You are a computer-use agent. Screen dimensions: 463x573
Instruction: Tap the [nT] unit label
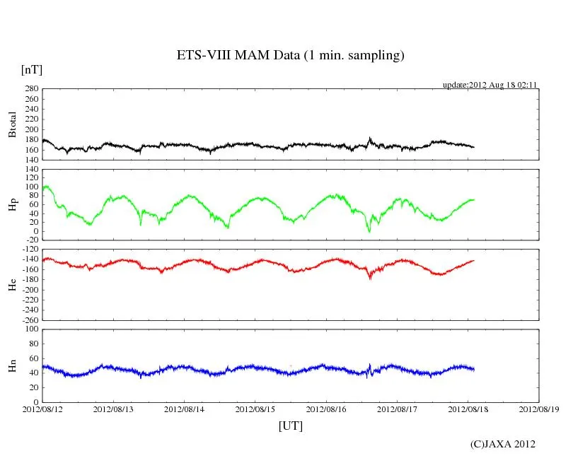pyautogui.click(x=31, y=70)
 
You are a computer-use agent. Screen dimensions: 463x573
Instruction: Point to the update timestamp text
pyautogui.click(x=490, y=84)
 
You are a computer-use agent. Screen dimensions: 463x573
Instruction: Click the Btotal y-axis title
pyautogui.click(x=13, y=124)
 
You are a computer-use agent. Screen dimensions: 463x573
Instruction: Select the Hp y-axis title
pyautogui.click(x=13, y=205)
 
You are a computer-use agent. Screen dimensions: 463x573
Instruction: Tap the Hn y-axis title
pyautogui.click(x=13, y=365)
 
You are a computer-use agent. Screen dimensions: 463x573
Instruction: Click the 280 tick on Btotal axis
pyautogui.click(x=30, y=89)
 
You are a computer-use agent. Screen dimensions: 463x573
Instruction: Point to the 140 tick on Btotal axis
pyautogui.click(x=30, y=160)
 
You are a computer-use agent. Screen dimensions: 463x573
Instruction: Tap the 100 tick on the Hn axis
pyautogui.click(x=30, y=329)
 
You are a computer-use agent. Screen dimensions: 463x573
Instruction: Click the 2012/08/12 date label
pyautogui.click(x=42, y=409)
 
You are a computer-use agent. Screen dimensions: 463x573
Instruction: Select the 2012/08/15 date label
pyautogui.click(x=255, y=409)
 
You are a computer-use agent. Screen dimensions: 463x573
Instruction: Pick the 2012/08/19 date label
pyautogui.click(x=539, y=409)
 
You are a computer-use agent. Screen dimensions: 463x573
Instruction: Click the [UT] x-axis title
pyautogui.click(x=291, y=426)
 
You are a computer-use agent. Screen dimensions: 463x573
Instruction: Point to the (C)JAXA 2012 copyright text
pyautogui.click(x=503, y=444)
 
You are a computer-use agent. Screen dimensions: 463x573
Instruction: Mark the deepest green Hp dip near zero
pyautogui.click(x=369, y=231)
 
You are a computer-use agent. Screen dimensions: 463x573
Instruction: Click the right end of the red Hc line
pyautogui.click(x=473, y=260)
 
